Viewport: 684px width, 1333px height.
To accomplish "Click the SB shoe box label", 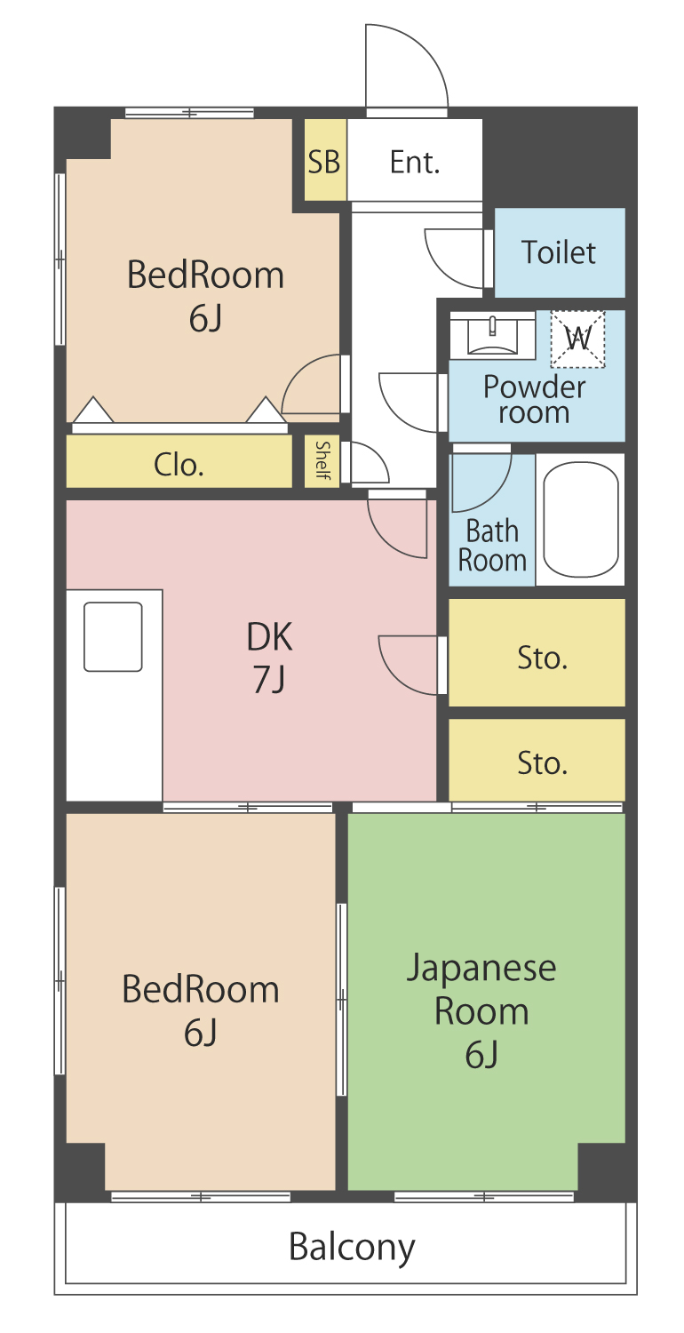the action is pyautogui.click(x=323, y=161).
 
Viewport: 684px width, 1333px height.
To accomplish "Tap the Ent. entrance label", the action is pyautogui.click(x=415, y=162).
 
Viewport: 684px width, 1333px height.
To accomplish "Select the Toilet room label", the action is pyautogui.click(x=558, y=252).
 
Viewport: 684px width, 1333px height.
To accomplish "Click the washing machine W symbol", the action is pyautogui.click(x=577, y=339).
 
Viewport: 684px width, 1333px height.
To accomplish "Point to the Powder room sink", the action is pyautogui.click(x=492, y=336).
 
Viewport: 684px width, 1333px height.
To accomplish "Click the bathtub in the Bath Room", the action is pyautogui.click(x=580, y=520).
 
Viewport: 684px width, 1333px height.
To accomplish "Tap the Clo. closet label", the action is pyautogui.click(x=179, y=465).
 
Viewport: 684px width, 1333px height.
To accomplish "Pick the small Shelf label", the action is pyautogui.click(x=322, y=460).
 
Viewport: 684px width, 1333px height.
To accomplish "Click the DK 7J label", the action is pyautogui.click(x=269, y=657).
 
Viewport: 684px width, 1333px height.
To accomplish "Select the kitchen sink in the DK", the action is pyautogui.click(x=113, y=637).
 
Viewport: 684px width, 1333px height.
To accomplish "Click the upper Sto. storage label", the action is pyautogui.click(x=542, y=659).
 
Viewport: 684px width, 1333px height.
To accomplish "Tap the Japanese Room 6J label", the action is pyautogui.click(x=481, y=1010).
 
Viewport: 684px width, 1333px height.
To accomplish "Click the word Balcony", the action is pyautogui.click(x=352, y=1248).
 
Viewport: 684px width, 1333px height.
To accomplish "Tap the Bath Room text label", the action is pyautogui.click(x=492, y=546).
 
